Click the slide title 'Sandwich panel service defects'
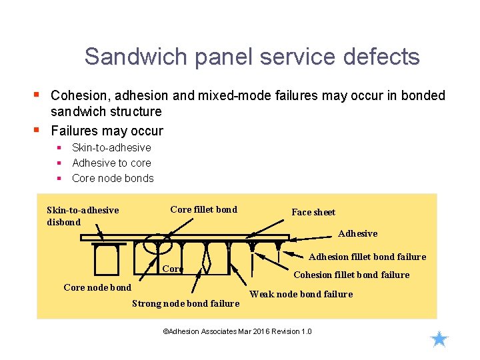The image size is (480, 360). pos(252,57)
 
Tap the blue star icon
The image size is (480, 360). pos(439,339)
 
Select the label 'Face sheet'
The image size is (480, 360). pos(313,212)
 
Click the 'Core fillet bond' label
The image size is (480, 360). pos(203,209)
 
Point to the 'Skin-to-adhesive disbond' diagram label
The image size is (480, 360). pos(82,216)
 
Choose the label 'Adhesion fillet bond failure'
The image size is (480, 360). pos(367,257)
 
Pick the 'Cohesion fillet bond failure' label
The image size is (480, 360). pos(351,275)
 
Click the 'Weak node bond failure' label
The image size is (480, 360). pos(301,294)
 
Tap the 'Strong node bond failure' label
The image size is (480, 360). pos(185,303)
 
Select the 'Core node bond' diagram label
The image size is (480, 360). pos(97,287)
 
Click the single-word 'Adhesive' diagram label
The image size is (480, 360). pos(357,233)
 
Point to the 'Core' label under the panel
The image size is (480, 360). pos(173,269)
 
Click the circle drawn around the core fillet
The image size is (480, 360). pos(157,245)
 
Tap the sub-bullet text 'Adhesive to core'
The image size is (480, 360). pos(111,163)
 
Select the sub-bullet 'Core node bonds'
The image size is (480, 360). pos(113,178)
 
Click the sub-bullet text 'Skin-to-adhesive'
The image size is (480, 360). pos(111,147)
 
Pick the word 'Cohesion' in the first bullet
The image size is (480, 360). pos(76,95)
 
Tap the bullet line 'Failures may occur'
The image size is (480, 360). pos(107,131)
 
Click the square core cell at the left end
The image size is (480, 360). pos(107,259)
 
